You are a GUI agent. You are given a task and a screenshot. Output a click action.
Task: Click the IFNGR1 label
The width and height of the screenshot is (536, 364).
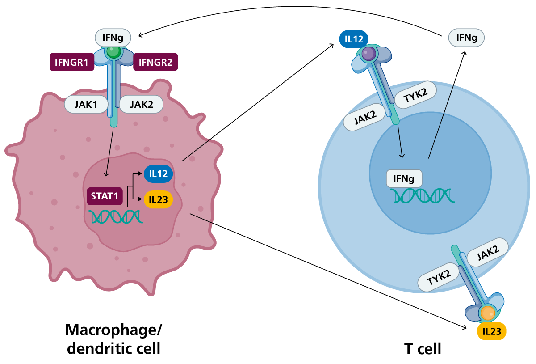[x=71, y=62]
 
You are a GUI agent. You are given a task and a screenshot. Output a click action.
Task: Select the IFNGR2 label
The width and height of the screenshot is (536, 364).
[x=155, y=62]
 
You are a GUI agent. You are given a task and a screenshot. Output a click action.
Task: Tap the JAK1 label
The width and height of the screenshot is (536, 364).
[x=86, y=104]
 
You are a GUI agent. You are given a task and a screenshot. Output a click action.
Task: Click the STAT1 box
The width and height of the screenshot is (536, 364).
[x=105, y=196]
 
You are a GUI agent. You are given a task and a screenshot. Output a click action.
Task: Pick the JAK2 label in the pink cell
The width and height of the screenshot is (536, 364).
[x=141, y=104]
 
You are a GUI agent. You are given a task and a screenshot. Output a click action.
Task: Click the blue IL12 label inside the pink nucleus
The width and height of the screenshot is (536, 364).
[x=158, y=174]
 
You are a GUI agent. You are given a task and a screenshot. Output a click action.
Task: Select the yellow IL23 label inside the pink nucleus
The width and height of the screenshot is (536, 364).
[x=158, y=199]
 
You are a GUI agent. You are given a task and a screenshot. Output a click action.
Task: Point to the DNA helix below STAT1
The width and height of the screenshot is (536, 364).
[x=116, y=216]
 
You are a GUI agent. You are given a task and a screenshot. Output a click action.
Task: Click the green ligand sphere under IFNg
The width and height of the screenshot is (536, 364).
[x=113, y=51]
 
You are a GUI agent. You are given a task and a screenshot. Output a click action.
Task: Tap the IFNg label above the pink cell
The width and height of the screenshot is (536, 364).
[x=113, y=38]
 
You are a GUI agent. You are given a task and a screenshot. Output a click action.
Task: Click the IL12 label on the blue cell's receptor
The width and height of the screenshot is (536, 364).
[x=354, y=39]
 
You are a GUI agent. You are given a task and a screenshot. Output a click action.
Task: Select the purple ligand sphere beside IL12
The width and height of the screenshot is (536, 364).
[x=369, y=54]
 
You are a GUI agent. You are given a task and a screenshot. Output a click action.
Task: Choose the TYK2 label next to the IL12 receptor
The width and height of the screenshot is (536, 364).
[x=415, y=95]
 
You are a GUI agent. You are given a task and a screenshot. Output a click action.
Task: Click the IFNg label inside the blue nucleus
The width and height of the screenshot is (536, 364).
[x=404, y=179]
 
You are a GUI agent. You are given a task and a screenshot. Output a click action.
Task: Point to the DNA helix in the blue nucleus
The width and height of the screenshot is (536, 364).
[x=423, y=195]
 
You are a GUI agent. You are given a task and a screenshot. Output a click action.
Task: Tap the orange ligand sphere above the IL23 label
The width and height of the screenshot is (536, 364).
[x=487, y=313]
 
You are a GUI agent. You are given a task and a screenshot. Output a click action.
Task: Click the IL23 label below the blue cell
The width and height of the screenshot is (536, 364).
[x=492, y=331]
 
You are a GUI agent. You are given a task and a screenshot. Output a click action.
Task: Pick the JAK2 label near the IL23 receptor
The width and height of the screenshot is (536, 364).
[x=488, y=253]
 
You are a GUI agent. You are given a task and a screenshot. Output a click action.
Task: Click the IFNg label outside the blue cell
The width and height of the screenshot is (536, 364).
[x=466, y=38]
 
